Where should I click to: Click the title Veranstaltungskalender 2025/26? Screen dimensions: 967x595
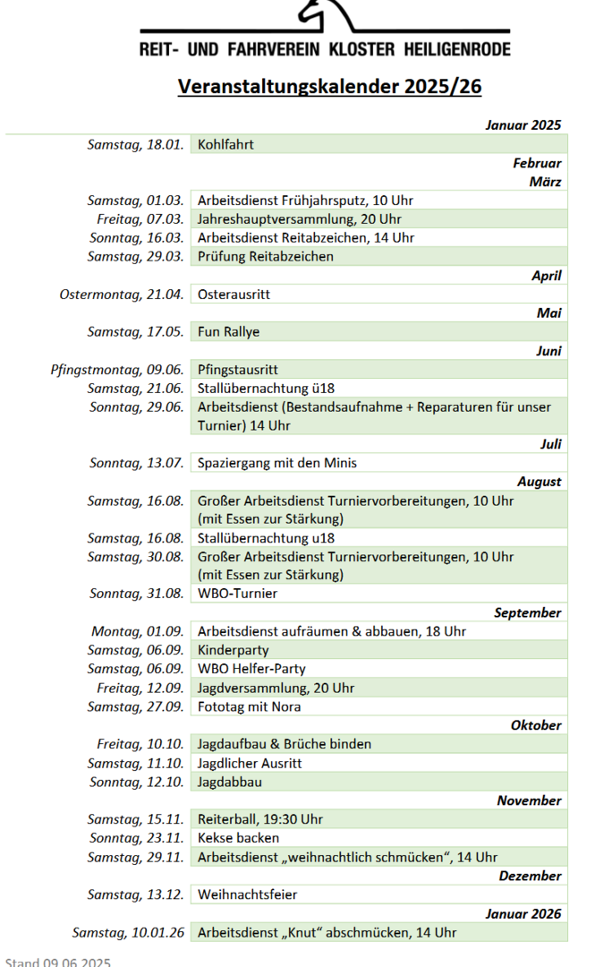[x=329, y=86]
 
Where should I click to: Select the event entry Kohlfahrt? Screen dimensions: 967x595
[x=227, y=144]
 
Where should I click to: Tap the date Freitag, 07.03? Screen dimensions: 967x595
[x=140, y=219]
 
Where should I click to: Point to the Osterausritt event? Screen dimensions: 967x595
[x=234, y=295]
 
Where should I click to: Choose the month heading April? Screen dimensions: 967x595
[x=546, y=276]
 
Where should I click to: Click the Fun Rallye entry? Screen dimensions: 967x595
[x=228, y=332]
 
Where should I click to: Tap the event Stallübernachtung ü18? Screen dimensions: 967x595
[x=266, y=389]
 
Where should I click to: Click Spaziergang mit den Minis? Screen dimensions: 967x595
[x=277, y=464]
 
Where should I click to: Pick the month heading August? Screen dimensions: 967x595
[x=539, y=482]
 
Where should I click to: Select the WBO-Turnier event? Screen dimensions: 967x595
[x=237, y=594]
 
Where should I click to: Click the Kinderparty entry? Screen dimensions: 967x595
[x=233, y=650]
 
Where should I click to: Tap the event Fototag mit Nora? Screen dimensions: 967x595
[x=249, y=706]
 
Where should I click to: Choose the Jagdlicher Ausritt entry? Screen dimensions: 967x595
[x=250, y=763]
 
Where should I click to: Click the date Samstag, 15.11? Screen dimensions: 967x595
[x=135, y=819]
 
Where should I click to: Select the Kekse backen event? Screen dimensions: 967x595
[x=238, y=838]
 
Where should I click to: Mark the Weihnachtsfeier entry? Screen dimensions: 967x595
[x=247, y=894]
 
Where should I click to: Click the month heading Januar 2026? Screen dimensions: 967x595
[x=523, y=913]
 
